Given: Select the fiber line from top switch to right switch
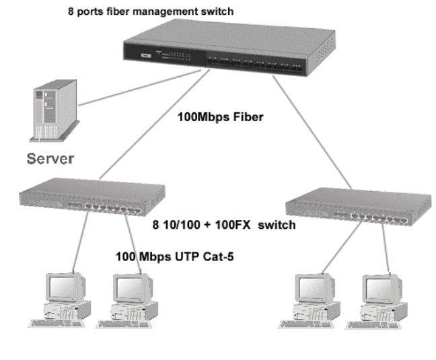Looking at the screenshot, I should [313, 128].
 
